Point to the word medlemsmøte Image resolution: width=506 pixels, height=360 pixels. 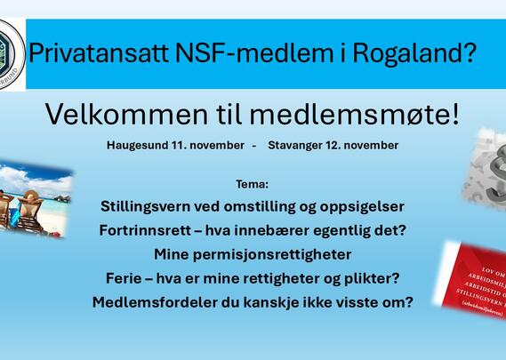(x=370, y=115)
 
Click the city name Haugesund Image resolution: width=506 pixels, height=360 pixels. (x=139, y=144)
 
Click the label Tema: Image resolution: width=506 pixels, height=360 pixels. (x=253, y=184)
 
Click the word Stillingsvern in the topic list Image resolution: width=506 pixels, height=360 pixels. (x=149, y=206)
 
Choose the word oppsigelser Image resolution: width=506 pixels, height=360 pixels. (x=361, y=206)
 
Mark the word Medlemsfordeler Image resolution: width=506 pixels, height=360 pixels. (x=154, y=302)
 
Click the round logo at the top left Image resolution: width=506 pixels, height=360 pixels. (x=10, y=52)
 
